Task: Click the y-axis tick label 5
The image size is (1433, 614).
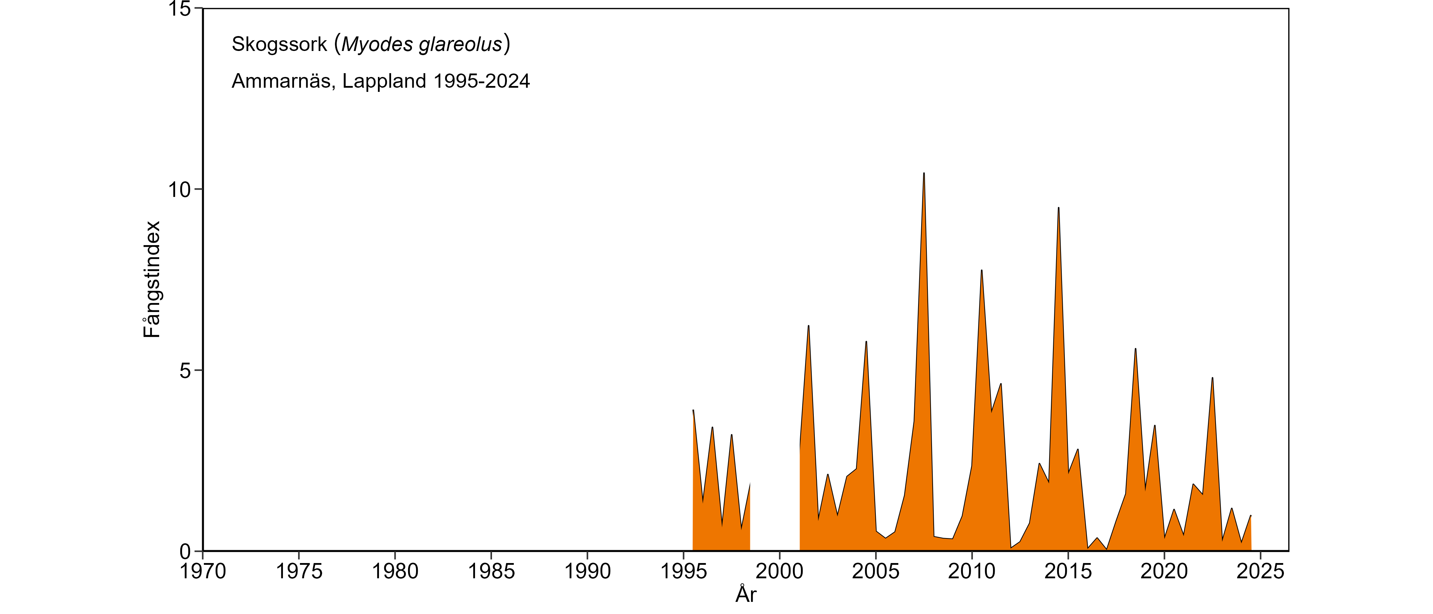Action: [185, 371]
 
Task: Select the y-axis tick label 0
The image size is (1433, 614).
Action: [185, 552]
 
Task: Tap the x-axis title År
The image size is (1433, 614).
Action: [746, 594]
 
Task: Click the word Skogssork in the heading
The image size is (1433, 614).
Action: [279, 44]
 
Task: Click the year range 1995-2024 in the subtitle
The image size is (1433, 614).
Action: [482, 81]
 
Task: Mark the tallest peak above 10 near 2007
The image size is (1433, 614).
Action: [924, 173]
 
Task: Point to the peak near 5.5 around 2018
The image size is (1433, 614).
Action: [1136, 349]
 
